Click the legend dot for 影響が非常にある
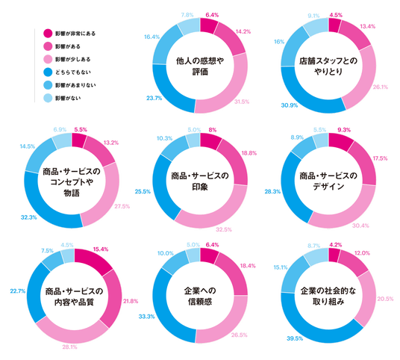point(48,34)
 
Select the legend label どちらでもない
point(73,72)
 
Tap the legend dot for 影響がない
point(48,98)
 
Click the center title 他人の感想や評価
point(200,66)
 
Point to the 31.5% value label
point(242,102)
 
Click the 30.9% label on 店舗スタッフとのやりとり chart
point(290,105)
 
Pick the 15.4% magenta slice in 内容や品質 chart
point(95,261)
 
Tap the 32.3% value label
point(29,217)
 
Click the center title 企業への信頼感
point(200,297)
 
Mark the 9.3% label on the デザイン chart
point(344,130)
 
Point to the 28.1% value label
point(69,347)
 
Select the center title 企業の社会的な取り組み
point(328,297)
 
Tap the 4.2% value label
point(336,245)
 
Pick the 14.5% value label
point(28,146)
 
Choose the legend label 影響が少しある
point(73,59)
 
